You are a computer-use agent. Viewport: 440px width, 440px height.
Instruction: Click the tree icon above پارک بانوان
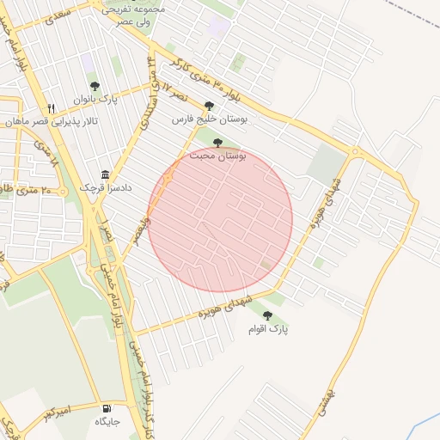tap(95, 86)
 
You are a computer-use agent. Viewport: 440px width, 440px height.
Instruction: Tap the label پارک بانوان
tap(95, 100)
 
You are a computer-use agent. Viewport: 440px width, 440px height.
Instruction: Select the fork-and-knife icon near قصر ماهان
tap(52, 108)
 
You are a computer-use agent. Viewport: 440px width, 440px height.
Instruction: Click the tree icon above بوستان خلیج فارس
tap(209, 106)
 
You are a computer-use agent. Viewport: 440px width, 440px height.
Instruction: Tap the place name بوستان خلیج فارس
tap(209, 120)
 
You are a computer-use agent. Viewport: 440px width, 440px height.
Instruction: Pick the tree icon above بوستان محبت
tap(217, 143)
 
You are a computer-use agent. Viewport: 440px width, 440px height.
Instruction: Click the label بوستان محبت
tap(218, 156)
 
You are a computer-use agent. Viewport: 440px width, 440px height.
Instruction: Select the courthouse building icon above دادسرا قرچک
tap(105, 174)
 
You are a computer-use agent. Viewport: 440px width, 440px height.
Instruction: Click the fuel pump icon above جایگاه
tap(107, 409)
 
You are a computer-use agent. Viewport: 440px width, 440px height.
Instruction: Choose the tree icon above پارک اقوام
tap(267, 315)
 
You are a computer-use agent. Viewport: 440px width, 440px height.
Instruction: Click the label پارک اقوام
tap(268, 329)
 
